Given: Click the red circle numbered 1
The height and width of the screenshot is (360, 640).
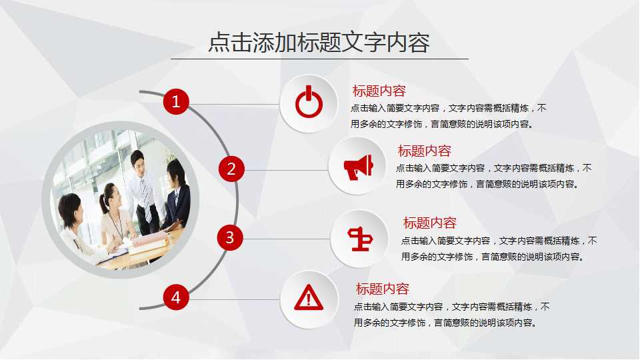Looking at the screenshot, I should [x=176, y=102].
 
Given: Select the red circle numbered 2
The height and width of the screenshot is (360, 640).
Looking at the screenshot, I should [x=231, y=169].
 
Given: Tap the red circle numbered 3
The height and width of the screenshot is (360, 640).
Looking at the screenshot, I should [x=230, y=237].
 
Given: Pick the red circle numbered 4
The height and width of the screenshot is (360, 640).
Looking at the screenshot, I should [x=176, y=297].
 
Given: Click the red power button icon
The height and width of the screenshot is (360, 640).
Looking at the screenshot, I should [x=309, y=103].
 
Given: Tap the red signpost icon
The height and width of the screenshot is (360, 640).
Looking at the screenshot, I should [x=360, y=239].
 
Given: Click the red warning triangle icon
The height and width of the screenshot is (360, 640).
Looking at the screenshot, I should [x=309, y=298].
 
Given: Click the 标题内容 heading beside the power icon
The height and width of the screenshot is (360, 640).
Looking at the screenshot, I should [x=379, y=91].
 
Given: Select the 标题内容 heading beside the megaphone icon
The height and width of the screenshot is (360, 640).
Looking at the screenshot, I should [x=424, y=151].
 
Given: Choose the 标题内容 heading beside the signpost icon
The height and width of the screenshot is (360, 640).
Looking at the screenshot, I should [x=429, y=223].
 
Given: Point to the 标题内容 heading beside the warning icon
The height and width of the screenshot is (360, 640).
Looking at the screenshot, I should [x=382, y=289].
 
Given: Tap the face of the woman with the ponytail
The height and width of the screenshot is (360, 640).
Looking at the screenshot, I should [x=113, y=198].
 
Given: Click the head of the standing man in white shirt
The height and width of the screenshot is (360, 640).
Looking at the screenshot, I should [x=138, y=161].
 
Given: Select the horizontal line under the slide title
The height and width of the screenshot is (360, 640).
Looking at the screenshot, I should [x=319, y=59].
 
